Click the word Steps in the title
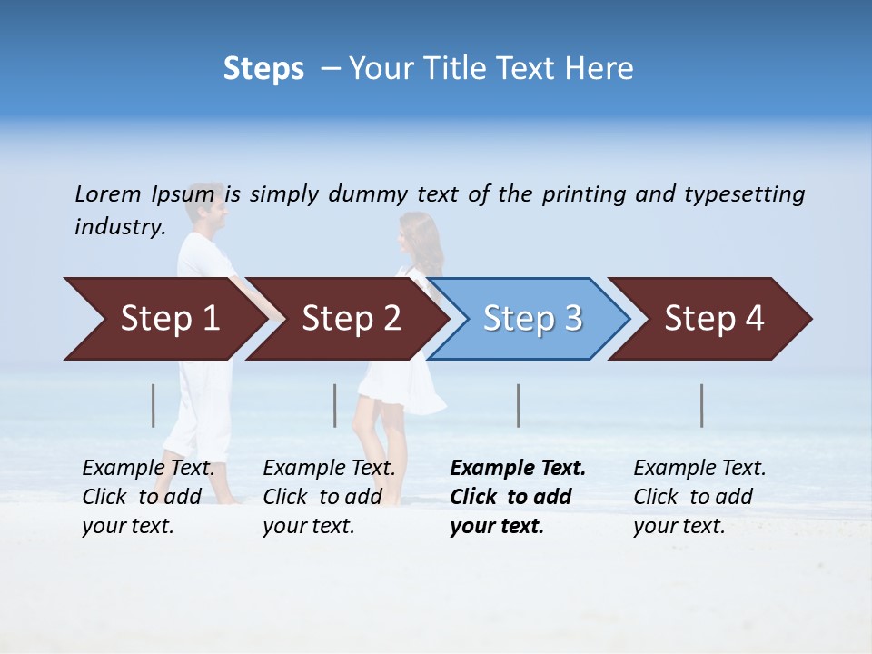coord(263,69)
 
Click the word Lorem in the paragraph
coord(107,193)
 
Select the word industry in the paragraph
coord(119,226)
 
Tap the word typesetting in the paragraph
coord(744,194)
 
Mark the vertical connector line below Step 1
coord(154,405)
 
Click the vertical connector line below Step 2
coord(335,405)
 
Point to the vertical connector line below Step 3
coord(519,405)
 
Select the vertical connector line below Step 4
coord(702,405)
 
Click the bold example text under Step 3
coord(518,497)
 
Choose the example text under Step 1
coord(148,497)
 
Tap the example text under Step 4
coord(699,497)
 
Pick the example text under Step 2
coord(329,497)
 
